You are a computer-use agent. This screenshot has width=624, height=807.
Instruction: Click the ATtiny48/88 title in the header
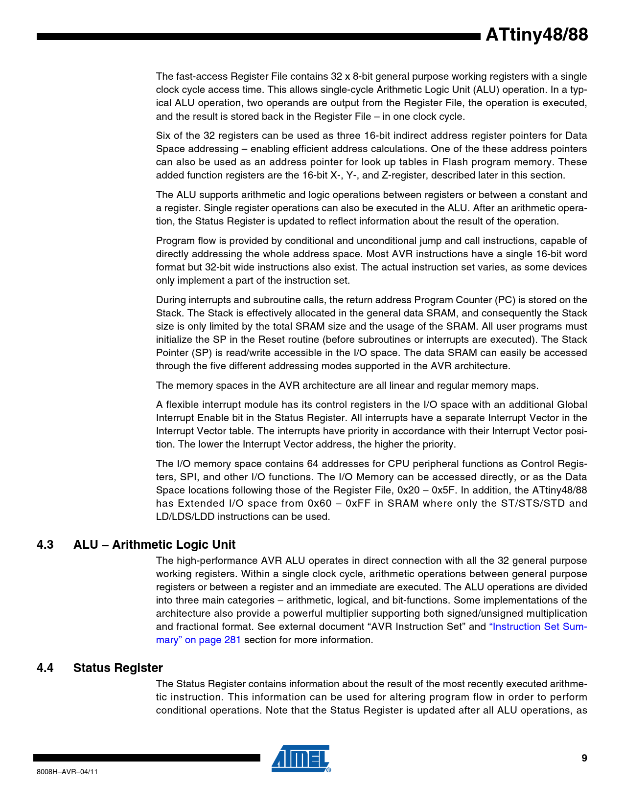point(536,35)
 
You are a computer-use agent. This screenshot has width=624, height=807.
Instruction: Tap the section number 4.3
point(45,545)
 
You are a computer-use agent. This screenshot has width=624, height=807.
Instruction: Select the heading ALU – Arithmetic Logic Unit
point(154,545)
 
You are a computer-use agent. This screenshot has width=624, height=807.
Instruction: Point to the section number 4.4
point(45,668)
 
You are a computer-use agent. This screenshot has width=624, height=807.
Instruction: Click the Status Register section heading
point(118,668)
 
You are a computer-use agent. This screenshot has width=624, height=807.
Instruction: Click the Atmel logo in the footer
point(301,759)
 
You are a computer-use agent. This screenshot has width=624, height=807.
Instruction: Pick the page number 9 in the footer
point(584,759)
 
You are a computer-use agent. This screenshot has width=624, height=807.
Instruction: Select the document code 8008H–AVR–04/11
point(67,772)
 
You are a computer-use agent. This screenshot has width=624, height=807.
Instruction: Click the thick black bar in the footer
point(147,758)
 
